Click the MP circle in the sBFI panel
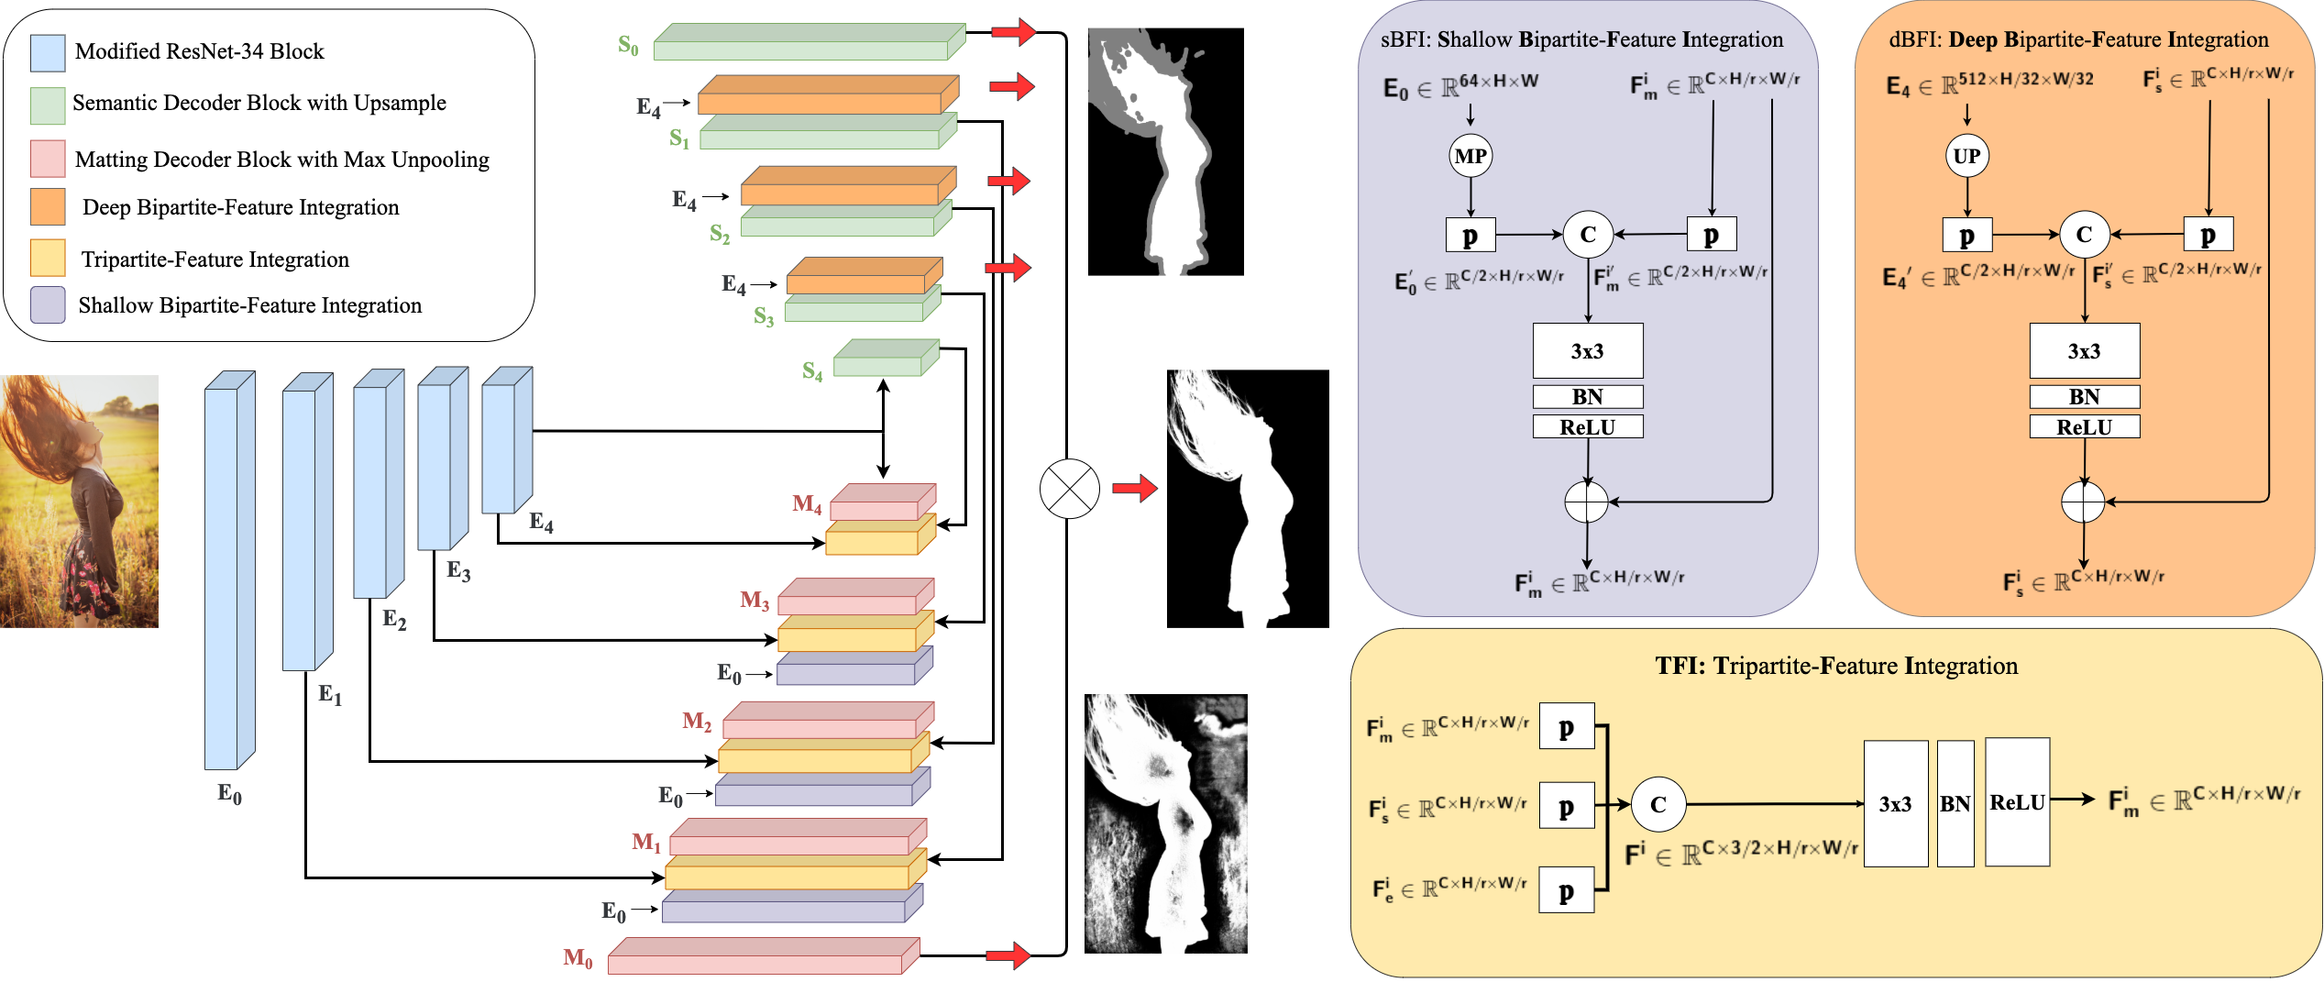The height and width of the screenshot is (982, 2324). tap(1470, 156)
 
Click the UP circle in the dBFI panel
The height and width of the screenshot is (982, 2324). tap(1966, 156)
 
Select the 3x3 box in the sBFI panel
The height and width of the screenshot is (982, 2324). tap(1588, 351)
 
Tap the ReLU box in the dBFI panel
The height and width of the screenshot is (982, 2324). tap(2084, 427)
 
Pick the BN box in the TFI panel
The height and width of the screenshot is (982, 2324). tap(1955, 804)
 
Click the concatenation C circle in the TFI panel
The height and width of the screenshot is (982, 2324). tap(1658, 804)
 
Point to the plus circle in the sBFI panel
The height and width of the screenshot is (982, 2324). tap(1587, 502)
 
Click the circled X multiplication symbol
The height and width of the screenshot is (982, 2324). tap(1070, 489)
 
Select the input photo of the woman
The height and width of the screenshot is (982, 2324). tap(79, 502)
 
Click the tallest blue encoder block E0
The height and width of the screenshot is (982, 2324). tap(227, 573)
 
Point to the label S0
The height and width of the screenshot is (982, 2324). tap(628, 45)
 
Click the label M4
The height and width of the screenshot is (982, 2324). tap(807, 503)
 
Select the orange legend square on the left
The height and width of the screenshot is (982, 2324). tap(48, 207)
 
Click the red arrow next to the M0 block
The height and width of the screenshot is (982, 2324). tap(1008, 956)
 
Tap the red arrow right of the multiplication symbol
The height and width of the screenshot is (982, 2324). tap(1135, 489)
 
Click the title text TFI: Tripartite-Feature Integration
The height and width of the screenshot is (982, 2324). tap(1836, 666)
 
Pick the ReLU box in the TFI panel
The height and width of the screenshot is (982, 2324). tap(2017, 803)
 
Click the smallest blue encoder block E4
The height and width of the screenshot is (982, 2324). tap(506, 442)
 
